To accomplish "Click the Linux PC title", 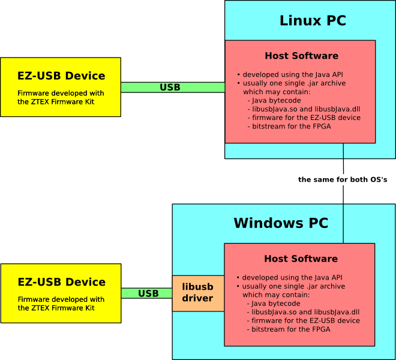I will pyautogui.click(x=313, y=21).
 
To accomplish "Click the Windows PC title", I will pyautogui.click(x=281, y=224).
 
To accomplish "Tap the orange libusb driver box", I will pyautogui.click(x=198, y=293).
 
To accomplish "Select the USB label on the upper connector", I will pyautogui.click(x=170, y=88).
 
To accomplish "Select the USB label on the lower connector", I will pyautogui.click(x=148, y=294).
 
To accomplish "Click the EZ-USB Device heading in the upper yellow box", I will pyautogui.click(x=61, y=76).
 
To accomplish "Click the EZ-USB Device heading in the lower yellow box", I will pyautogui.click(x=61, y=282).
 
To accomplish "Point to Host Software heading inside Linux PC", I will pyautogui.click(x=301, y=56).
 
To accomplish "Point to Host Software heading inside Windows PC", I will pyautogui.click(x=301, y=259).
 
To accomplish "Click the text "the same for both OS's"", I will pyautogui.click(x=343, y=180).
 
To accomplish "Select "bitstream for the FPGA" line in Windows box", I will pyautogui.click(x=290, y=329).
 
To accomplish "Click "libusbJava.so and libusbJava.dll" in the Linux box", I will pyautogui.click(x=305, y=109).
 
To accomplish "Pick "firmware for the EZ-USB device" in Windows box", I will pyautogui.click(x=305, y=321).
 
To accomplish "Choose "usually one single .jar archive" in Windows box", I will pyautogui.click(x=293, y=287).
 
